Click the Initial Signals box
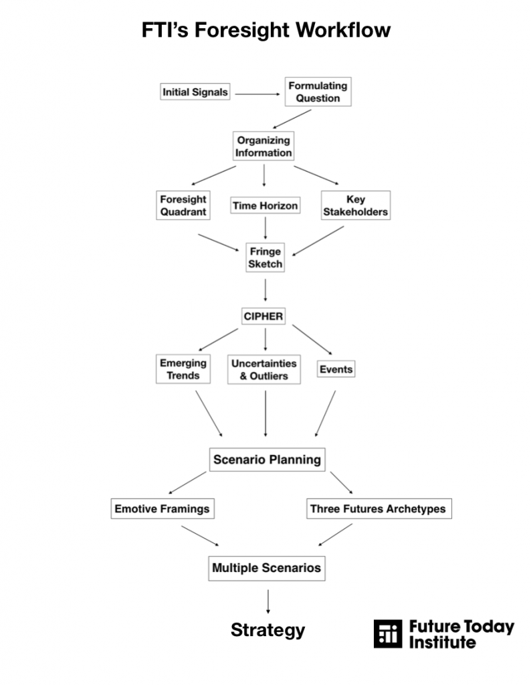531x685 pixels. (195, 92)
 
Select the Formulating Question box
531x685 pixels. (318, 92)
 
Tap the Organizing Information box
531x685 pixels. (263, 146)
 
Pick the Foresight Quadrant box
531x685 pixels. (183, 205)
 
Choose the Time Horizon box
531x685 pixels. (265, 205)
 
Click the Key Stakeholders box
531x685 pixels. (356, 205)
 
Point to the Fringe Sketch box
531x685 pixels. (265, 258)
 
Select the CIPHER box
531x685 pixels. (263, 316)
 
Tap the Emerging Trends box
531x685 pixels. (183, 369)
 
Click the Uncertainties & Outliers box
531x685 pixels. (263, 369)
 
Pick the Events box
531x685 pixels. (336, 369)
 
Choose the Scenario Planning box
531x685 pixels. (268, 460)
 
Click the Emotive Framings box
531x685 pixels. (163, 508)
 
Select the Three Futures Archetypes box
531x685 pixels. (379, 508)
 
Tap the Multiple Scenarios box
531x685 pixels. (267, 568)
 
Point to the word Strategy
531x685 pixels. (268, 630)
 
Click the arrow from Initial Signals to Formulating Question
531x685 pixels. (257, 94)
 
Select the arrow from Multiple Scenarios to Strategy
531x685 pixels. (268, 601)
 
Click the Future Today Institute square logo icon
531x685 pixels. (388, 633)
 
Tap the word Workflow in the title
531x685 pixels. (343, 30)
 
